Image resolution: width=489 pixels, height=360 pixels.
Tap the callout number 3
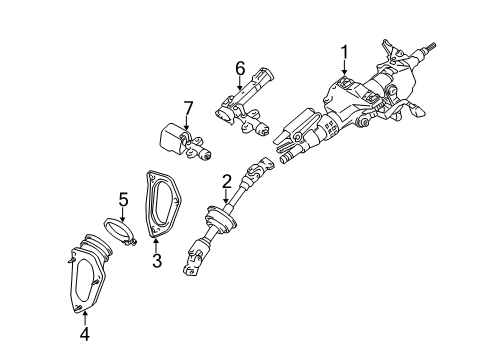156,260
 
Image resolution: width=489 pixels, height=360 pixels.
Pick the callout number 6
240,68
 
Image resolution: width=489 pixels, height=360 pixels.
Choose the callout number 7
187,108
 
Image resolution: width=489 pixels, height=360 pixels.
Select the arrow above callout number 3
156,242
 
